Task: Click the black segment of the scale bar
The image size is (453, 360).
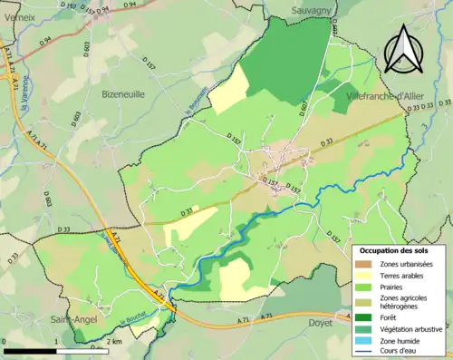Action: click(29, 350)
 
